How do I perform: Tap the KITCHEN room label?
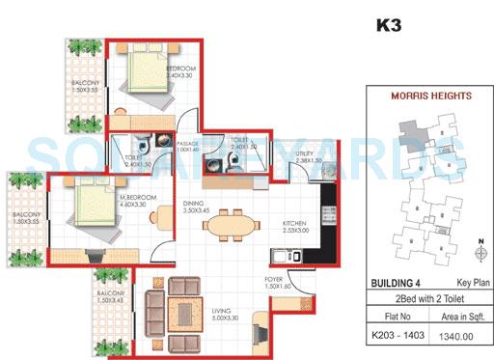tap(295, 223)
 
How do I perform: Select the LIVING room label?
tap(225, 310)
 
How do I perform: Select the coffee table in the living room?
tap(179, 310)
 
